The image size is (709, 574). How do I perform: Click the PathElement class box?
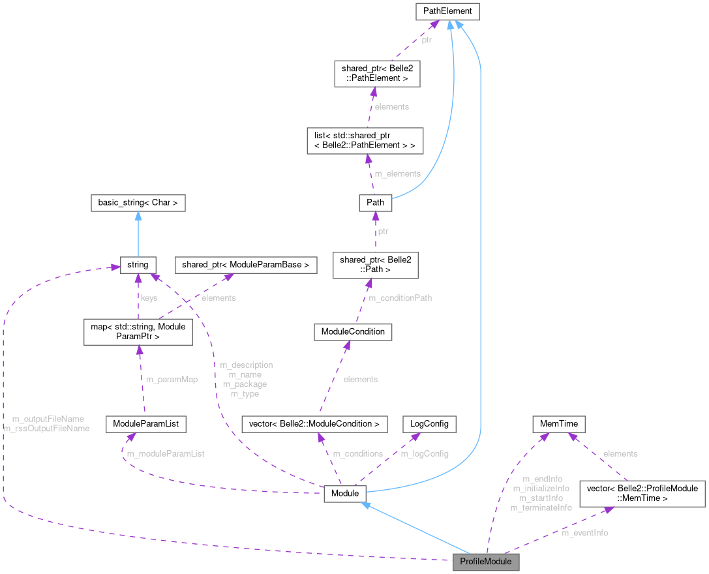[x=447, y=11]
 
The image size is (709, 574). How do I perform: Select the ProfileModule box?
[x=486, y=562]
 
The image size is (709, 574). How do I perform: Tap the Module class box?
[x=345, y=494]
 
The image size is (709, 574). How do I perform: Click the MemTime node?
[x=559, y=424]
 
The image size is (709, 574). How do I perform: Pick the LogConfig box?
[x=429, y=424]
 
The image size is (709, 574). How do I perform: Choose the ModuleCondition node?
[x=353, y=331]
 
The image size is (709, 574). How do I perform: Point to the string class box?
[x=138, y=265]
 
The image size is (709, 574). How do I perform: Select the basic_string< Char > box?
[x=138, y=203]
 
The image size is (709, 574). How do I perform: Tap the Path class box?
[x=375, y=203]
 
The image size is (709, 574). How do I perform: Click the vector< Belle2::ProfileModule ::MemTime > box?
[x=642, y=493]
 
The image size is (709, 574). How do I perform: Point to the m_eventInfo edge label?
[x=584, y=533]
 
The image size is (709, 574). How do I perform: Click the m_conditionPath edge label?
[x=400, y=298]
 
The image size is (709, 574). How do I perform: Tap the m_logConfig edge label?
[x=425, y=453]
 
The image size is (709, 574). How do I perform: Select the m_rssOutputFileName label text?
[x=46, y=429]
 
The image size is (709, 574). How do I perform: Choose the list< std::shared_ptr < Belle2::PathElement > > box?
[x=365, y=140]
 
